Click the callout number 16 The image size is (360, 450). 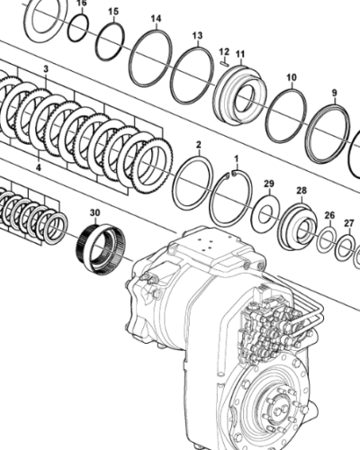[80, 4]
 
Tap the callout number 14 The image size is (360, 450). [156, 19]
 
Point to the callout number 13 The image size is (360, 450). [197, 35]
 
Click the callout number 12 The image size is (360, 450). [224, 51]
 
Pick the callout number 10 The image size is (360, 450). [291, 77]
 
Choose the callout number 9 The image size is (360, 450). [334, 93]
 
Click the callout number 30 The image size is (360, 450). [95, 213]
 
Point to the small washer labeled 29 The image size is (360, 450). [265, 211]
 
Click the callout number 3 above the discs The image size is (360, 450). [47, 69]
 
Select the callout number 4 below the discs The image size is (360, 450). [38, 166]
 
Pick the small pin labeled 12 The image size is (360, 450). [222, 63]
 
